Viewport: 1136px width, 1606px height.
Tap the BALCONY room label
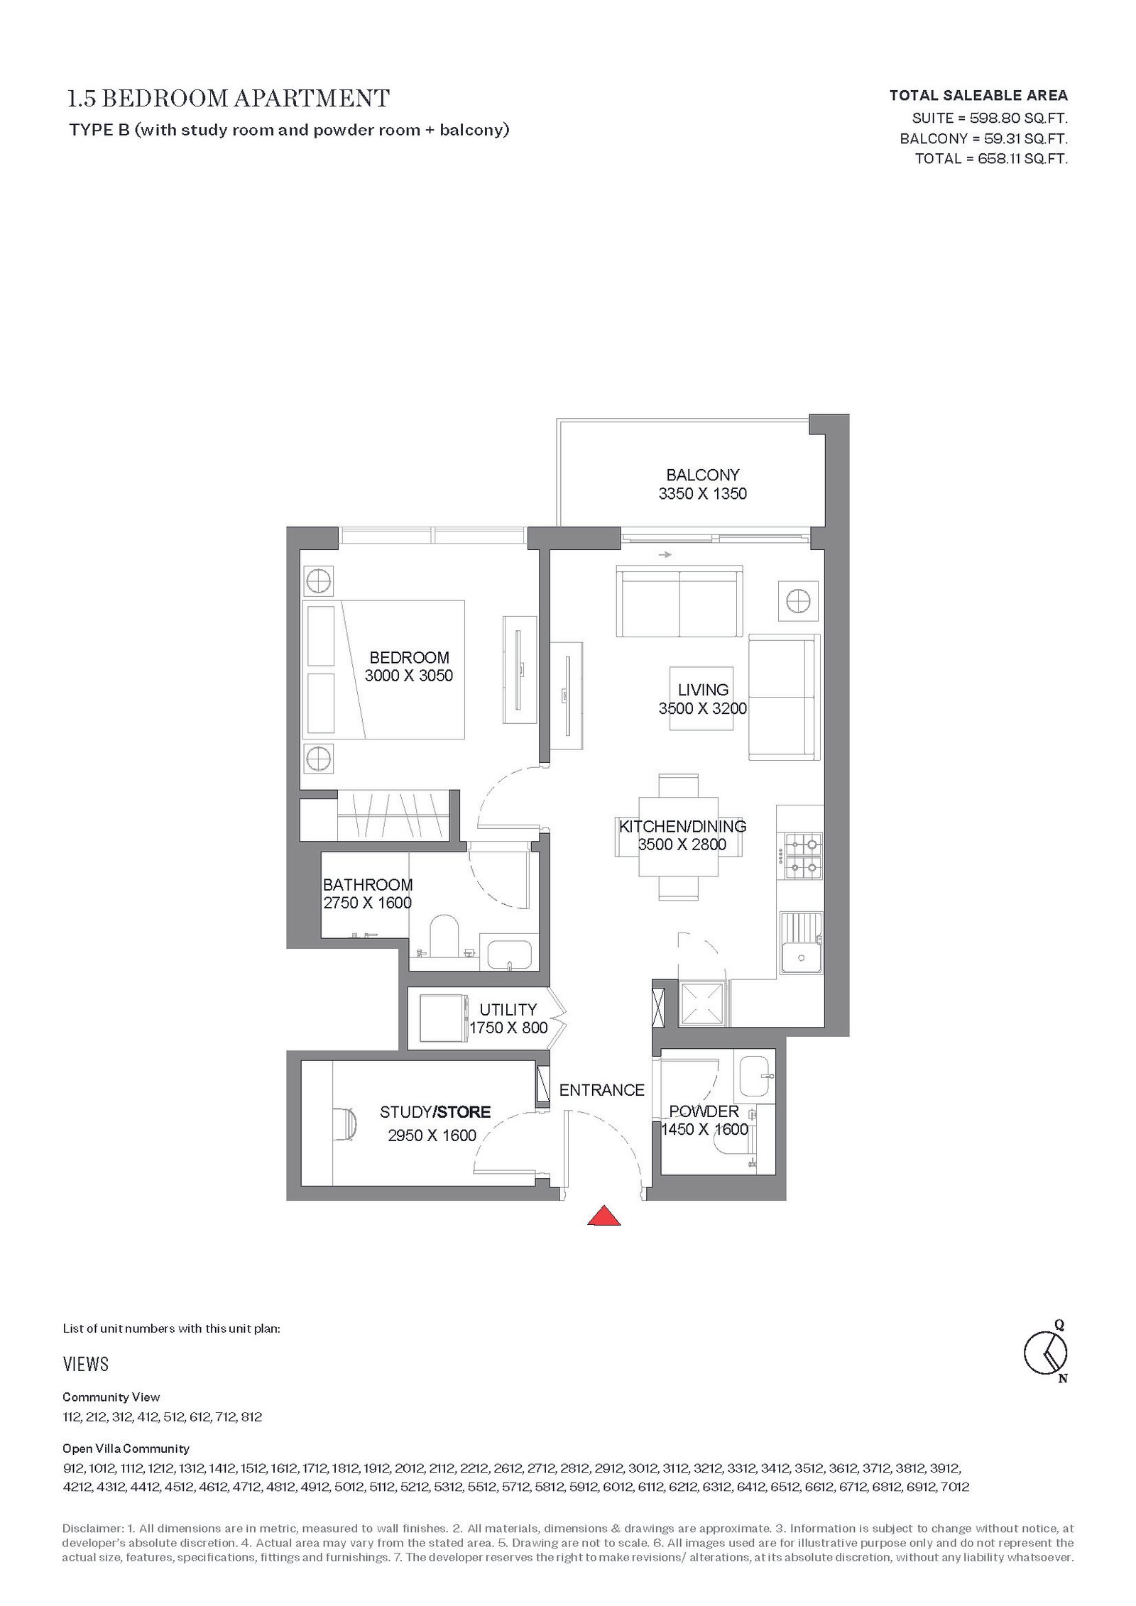click(x=702, y=475)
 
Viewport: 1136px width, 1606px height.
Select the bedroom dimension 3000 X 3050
click(x=409, y=676)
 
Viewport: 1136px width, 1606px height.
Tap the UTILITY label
click(x=508, y=1009)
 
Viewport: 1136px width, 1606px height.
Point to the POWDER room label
click(x=704, y=1111)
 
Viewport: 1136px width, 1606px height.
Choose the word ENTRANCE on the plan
click(x=602, y=1090)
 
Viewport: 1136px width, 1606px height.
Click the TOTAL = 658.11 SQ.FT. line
click(x=991, y=158)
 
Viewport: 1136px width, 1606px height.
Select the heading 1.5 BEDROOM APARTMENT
click(x=229, y=98)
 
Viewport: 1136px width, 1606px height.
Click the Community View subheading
click(x=111, y=1397)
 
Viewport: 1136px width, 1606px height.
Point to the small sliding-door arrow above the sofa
click(x=665, y=555)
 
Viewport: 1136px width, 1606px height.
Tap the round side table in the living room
click(x=798, y=602)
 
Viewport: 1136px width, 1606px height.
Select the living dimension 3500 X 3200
click(x=703, y=708)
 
